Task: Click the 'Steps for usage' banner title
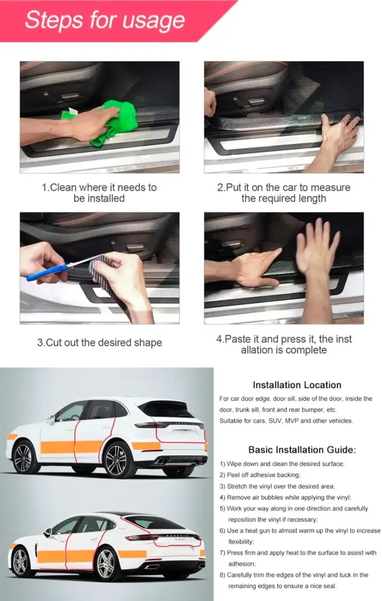(x=105, y=20)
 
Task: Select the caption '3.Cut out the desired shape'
(x=100, y=342)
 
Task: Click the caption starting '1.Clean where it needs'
(x=99, y=193)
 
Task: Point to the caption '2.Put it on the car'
(x=284, y=193)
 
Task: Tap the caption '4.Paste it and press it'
(x=284, y=344)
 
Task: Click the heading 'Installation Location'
(x=297, y=385)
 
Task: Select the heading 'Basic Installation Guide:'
(x=302, y=450)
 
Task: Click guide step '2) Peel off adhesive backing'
(x=260, y=475)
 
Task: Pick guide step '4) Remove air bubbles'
(x=285, y=497)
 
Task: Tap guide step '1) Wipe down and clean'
(x=282, y=464)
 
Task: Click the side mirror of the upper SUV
(x=50, y=419)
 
